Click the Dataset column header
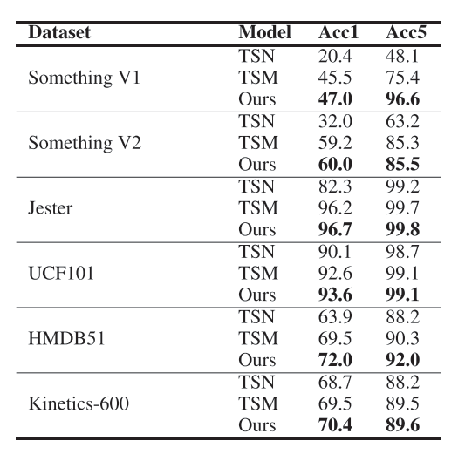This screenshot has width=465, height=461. pyautogui.click(x=59, y=32)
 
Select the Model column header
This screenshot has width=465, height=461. pyautogui.click(x=264, y=32)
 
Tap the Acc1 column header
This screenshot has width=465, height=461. pyautogui.click(x=338, y=32)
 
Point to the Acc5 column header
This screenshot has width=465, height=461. pyautogui.click(x=406, y=32)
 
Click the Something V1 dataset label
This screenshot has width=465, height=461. pyautogui.click(x=85, y=78)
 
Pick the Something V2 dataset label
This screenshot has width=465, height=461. pyautogui.click(x=85, y=143)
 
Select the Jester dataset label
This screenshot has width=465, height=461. pyautogui.click(x=51, y=208)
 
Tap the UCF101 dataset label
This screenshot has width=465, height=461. pyautogui.click(x=61, y=273)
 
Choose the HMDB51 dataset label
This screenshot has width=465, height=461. pyautogui.click(x=66, y=338)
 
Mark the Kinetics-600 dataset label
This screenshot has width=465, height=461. pyautogui.click(x=79, y=403)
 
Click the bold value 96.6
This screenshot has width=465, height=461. pyautogui.click(x=403, y=99)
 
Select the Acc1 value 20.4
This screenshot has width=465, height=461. pyautogui.click(x=335, y=56)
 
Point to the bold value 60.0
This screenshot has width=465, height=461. pyautogui.click(x=335, y=165)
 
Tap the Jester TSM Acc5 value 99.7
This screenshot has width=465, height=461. pyautogui.click(x=403, y=208)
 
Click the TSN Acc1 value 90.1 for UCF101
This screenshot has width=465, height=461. pyautogui.click(x=334, y=252)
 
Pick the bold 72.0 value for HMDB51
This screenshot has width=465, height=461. pyautogui.click(x=335, y=360)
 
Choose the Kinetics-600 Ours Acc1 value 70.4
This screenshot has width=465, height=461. pyautogui.click(x=335, y=425)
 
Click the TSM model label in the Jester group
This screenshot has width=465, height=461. pyautogui.click(x=258, y=208)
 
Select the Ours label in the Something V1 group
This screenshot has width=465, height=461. pyautogui.click(x=257, y=99)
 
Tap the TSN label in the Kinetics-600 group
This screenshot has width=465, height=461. pyautogui.click(x=256, y=382)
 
